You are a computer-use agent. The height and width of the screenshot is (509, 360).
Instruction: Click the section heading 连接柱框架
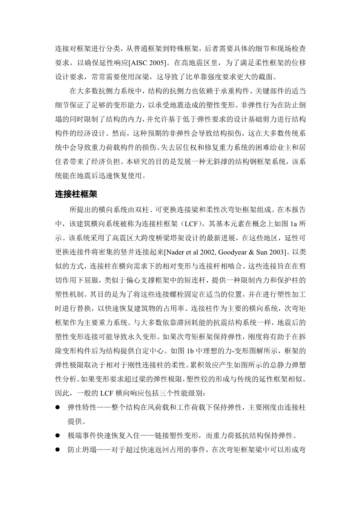pyautogui.click(x=76, y=194)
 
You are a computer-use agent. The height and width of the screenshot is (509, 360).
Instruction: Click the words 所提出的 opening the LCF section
pyautogui.click(x=83, y=210)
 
